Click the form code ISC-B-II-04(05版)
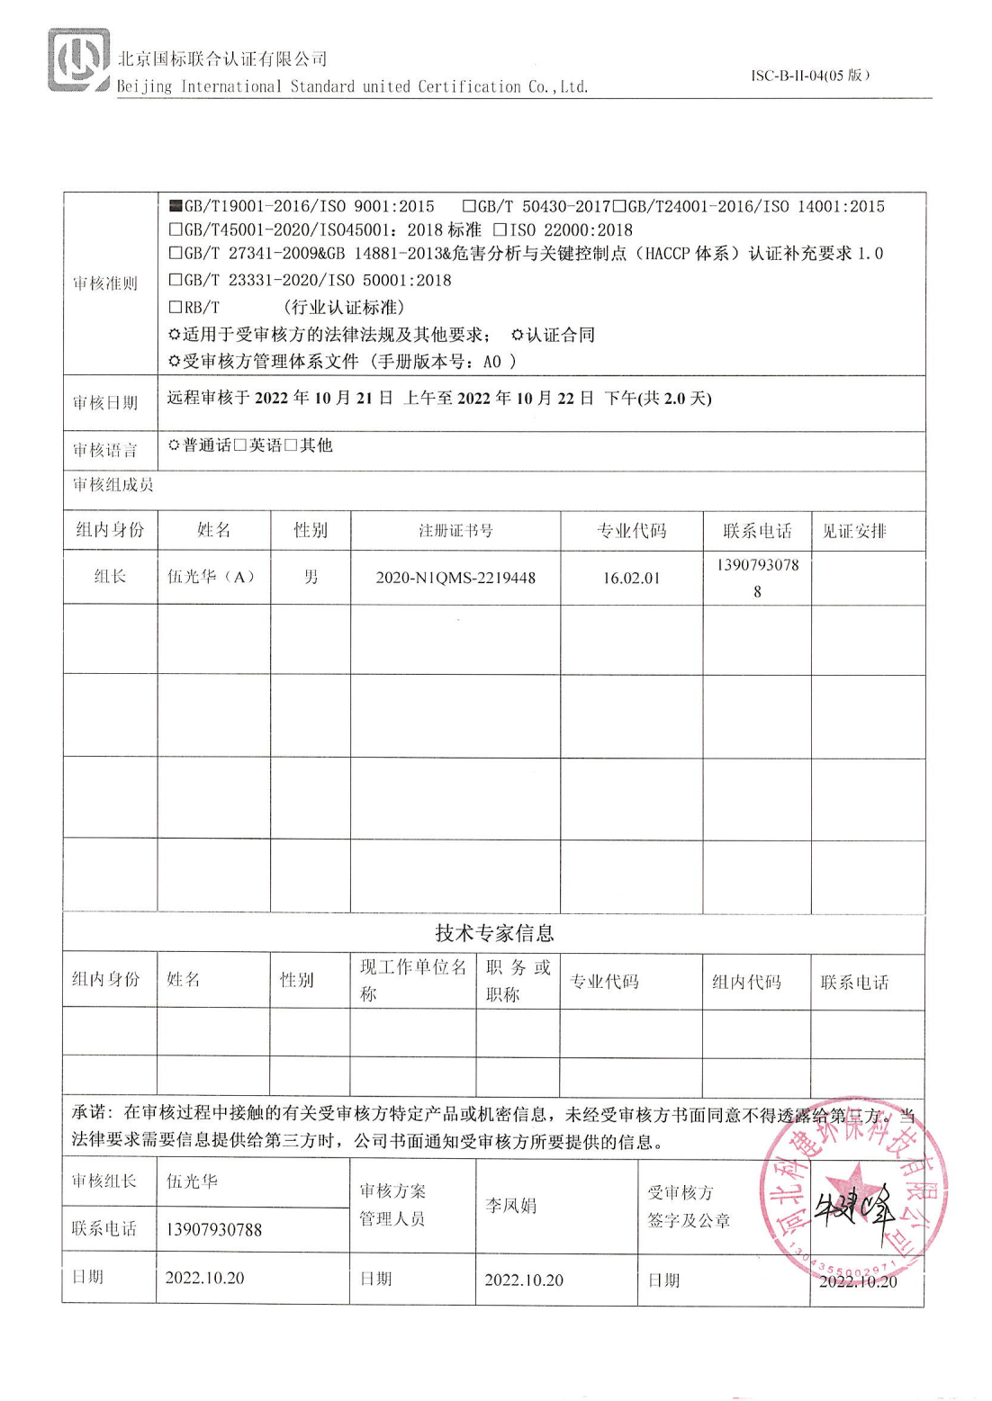(x=810, y=76)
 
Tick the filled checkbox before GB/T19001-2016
(x=176, y=206)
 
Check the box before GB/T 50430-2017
(x=469, y=206)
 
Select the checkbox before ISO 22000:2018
(x=500, y=230)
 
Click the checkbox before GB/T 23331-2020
(x=176, y=280)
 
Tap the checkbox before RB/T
(x=176, y=307)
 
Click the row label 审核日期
(x=105, y=402)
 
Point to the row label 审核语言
(x=105, y=450)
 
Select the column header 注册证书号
(x=455, y=531)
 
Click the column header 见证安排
(x=854, y=531)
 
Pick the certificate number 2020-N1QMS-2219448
(x=455, y=578)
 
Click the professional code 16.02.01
(x=631, y=578)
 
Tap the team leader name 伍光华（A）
(x=212, y=577)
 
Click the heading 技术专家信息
(x=494, y=933)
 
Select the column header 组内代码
(x=746, y=982)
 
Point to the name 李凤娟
(x=510, y=1206)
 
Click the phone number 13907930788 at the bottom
(x=214, y=1229)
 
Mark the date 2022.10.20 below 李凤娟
(x=524, y=1280)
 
